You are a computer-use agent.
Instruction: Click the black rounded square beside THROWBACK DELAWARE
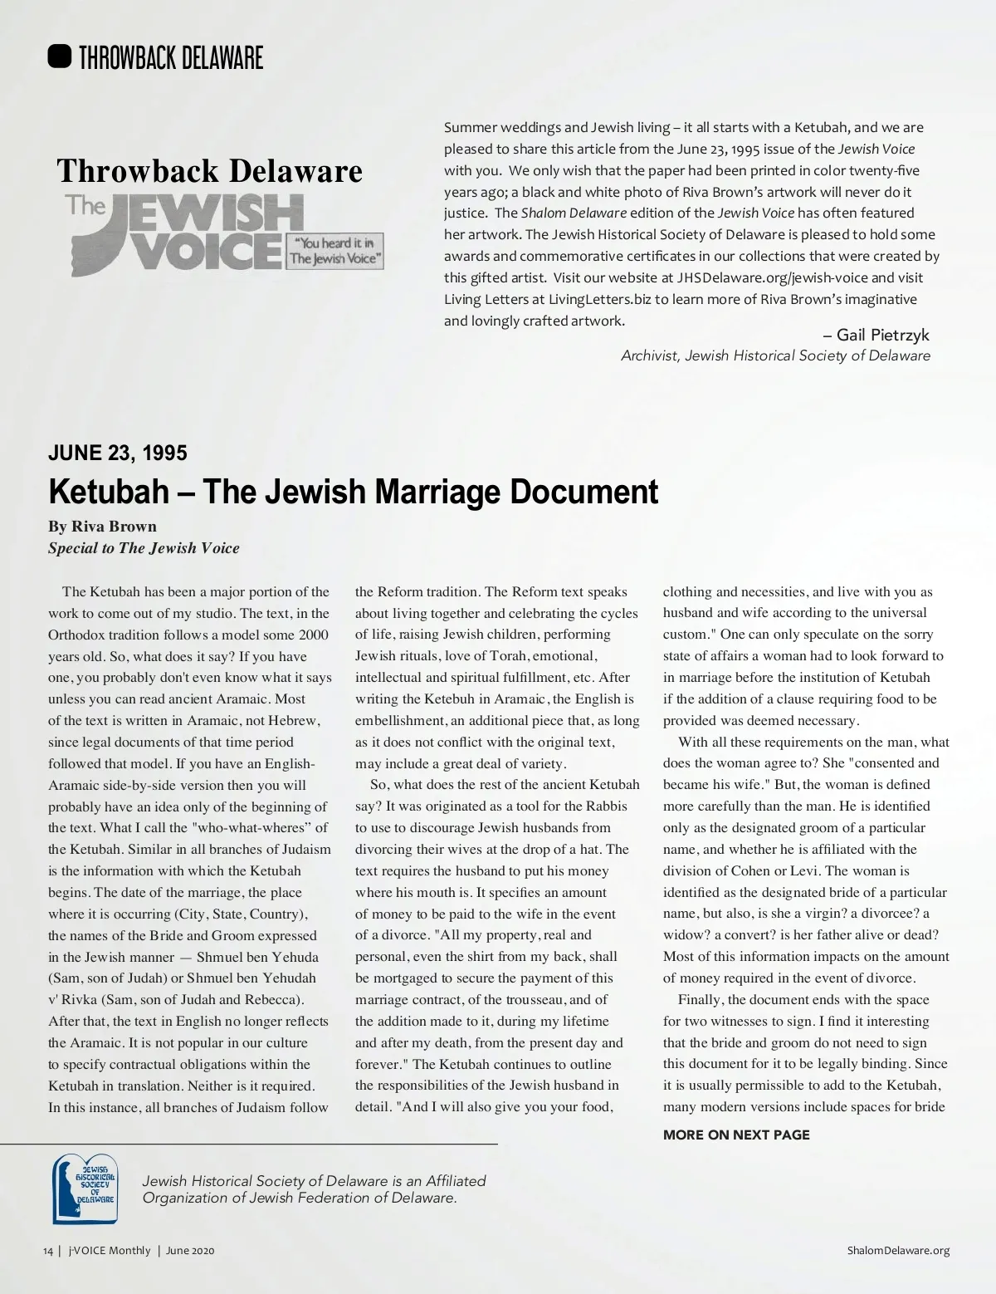click(x=60, y=57)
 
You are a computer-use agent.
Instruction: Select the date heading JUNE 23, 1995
click(x=118, y=453)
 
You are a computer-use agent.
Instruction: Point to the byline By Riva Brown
click(x=102, y=526)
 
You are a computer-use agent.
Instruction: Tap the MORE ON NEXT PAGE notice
click(x=736, y=1135)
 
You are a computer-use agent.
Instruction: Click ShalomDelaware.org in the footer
click(x=899, y=1250)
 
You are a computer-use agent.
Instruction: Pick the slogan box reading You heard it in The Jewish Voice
click(x=334, y=251)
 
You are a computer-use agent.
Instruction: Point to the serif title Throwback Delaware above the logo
click(x=209, y=171)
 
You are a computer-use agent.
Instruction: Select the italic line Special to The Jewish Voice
click(x=144, y=548)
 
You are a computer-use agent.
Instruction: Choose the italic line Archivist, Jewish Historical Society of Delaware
click(x=775, y=355)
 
